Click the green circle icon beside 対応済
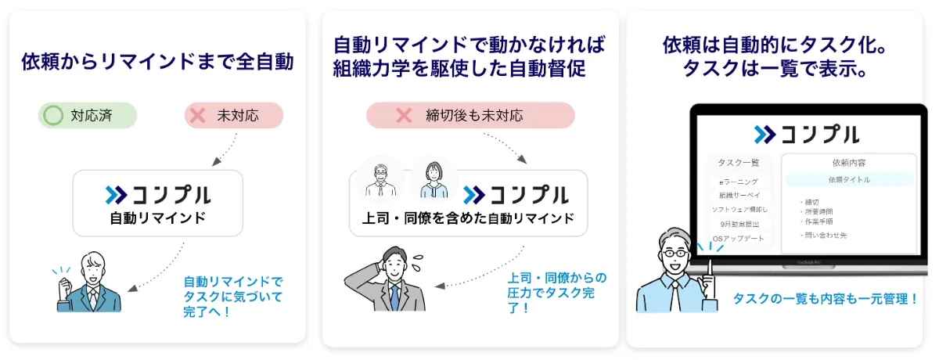pyautogui.click(x=53, y=117)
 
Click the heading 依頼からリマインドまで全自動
pyautogui.click(x=157, y=62)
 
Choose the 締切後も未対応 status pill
pyautogui.click(x=470, y=116)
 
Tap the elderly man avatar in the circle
pyautogui.click(x=380, y=179)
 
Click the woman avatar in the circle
pyautogui.click(x=434, y=179)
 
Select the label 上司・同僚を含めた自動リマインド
pyautogui.click(x=467, y=218)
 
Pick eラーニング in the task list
pyautogui.click(x=739, y=182)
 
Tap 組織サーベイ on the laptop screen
pyautogui.click(x=739, y=196)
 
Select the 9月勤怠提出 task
pyautogui.click(x=739, y=224)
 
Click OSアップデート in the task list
pyautogui.click(x=739, y=238)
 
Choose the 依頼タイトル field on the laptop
pyautogui.click(x=849, y=179)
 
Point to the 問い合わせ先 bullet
pyautogui.click(x=826, y=235)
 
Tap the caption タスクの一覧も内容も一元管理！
pyautogui.click(x=825, y=298)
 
